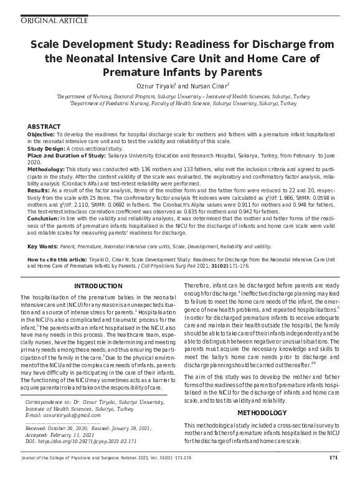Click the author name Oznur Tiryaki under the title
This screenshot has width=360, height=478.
pyautogui.click(x=154, y=85)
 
